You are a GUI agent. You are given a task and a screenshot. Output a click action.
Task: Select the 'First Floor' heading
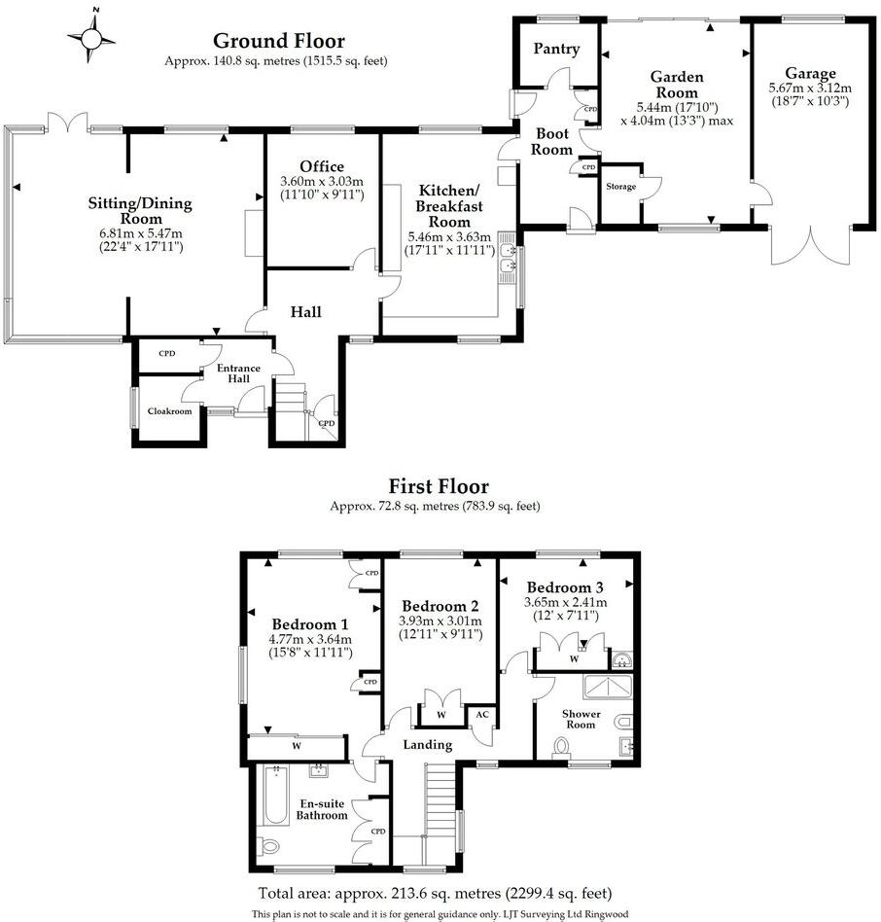click(439, 486)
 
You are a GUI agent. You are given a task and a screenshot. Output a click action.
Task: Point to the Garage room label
click(810, 73)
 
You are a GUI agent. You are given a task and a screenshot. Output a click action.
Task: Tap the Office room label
click(321, 167)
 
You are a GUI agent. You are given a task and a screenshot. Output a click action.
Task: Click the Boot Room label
click(551, 142)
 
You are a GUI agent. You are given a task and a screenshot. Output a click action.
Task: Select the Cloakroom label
click(169, 411)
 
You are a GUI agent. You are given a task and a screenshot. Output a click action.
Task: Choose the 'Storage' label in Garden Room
click(620, 187)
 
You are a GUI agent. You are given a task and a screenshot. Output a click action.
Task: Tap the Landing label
click(428, 745)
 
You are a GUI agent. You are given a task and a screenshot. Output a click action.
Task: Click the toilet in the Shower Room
click(561, 747)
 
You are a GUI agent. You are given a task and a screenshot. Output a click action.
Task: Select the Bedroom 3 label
click(565, 588)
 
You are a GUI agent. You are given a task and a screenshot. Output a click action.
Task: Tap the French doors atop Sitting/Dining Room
click(69, 124)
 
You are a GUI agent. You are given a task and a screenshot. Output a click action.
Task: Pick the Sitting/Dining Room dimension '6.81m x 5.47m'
click(141, 233)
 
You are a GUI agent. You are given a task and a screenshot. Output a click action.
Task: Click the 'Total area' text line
click(435, 893)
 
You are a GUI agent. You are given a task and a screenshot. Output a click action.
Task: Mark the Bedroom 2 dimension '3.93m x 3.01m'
click(440, 621)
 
